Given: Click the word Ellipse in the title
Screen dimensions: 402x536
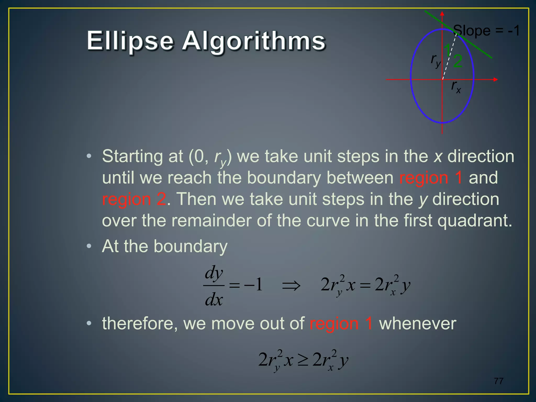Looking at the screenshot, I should tap(130, 41).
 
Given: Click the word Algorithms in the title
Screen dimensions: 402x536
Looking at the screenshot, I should tap(254, 41).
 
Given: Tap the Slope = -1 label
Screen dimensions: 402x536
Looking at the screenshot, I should tap(486, 31).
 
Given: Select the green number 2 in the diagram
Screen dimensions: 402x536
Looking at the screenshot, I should tap(458, 62).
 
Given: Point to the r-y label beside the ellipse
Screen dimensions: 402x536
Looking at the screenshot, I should tap(435, 60).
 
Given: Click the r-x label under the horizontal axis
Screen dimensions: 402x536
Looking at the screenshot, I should tap(456, 87).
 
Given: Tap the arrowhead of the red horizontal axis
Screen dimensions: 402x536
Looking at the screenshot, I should tap(495, 79).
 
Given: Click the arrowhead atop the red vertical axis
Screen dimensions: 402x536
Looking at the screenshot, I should tap(442, 14).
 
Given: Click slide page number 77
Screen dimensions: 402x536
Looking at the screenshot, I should tap(499, 381).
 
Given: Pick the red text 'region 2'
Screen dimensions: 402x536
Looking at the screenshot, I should tap(134, 199).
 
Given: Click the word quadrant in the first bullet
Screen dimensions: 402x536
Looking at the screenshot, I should tap(474, 220).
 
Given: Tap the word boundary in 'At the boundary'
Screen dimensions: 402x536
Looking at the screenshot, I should tap(190, 246).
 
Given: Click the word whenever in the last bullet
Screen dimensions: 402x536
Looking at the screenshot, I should tap(417, 323).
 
